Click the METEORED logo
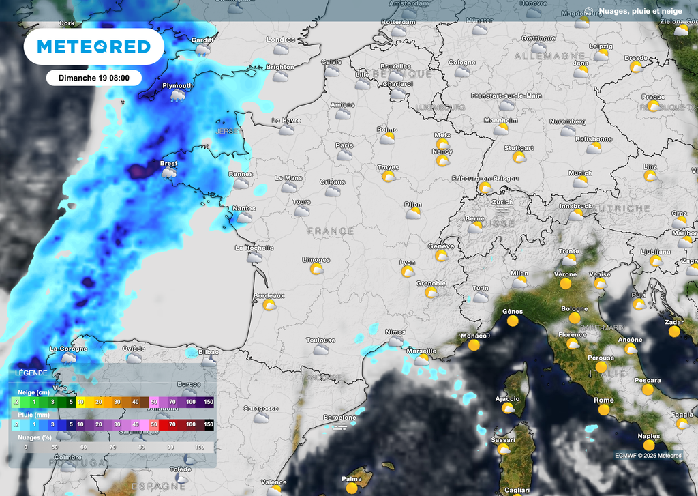(x=93, y=46)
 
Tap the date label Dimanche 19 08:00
(x=93, y=78)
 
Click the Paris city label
(x=344, y=145)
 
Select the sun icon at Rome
(x=604, y=410)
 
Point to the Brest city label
(x=168, y=164)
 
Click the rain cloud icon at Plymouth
(x=177, y=96)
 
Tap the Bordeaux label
(x=269, y=295)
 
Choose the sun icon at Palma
(x=352, y=488)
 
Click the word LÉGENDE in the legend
(x=31, y=373)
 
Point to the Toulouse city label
(x=320, y=340)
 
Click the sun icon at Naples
(x=649, y=446)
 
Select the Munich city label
(x=580, y=173)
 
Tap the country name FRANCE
(x=331, y=231)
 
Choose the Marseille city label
(x=421, y=351)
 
